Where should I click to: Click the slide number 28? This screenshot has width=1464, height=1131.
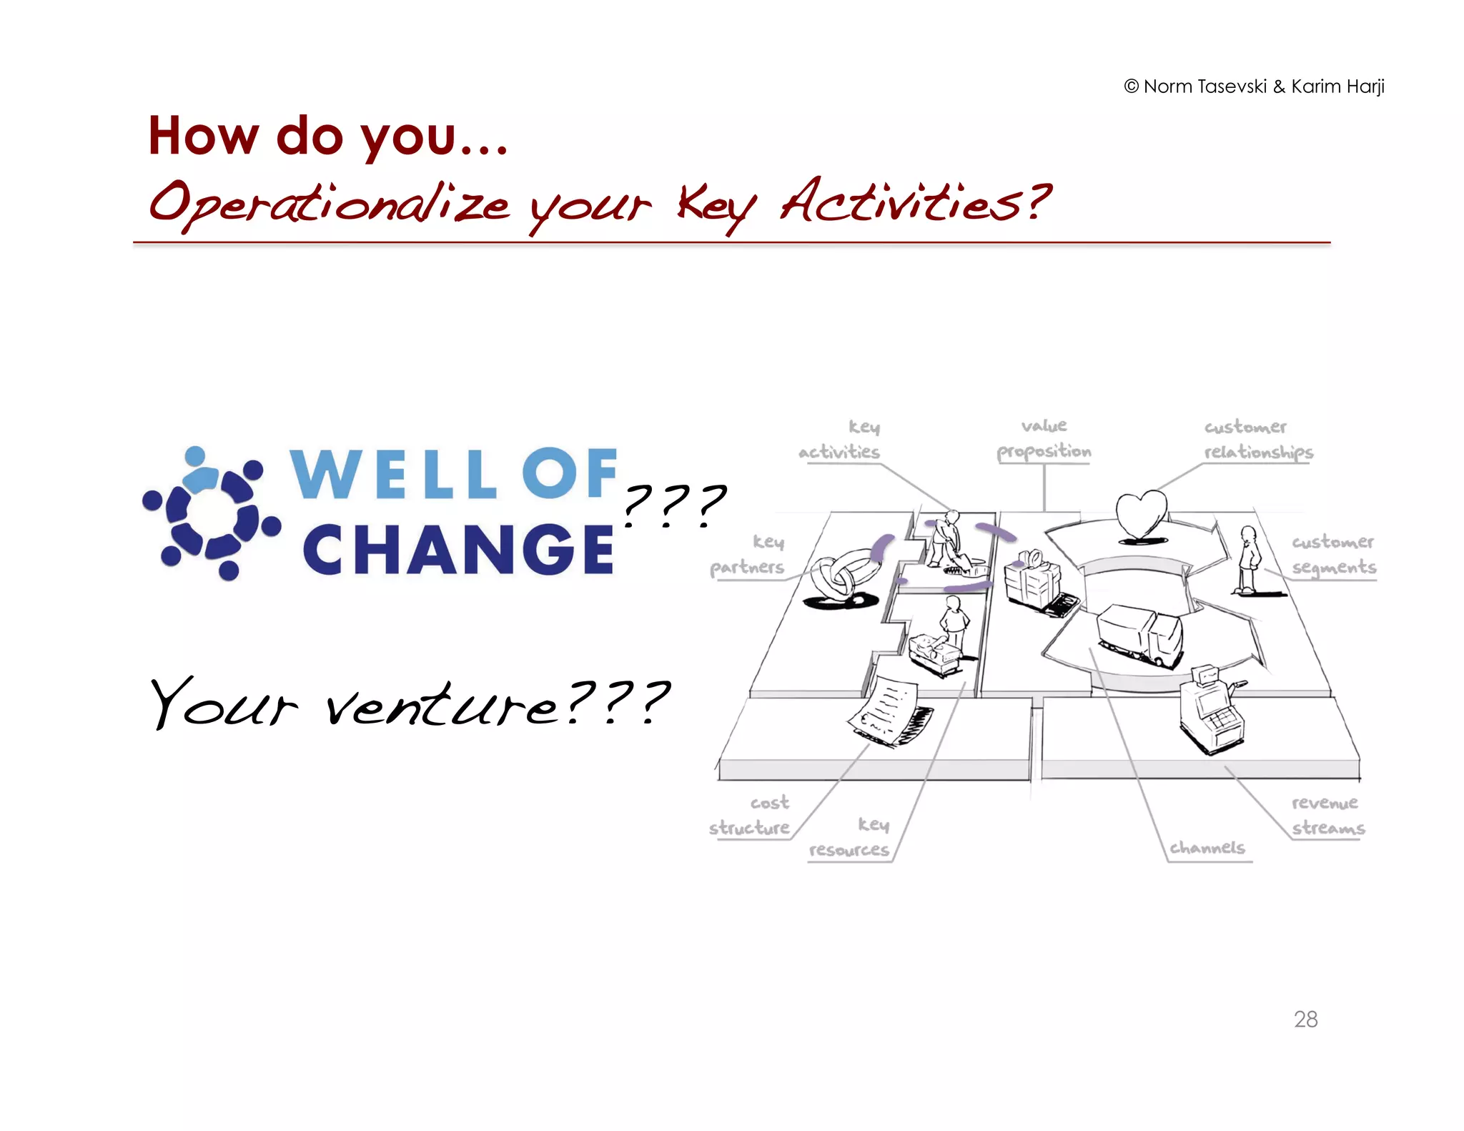pyautogui.click(x=1305, y=1019)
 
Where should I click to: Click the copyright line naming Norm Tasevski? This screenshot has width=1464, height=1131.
pyautogui.click(x=1254, y=87)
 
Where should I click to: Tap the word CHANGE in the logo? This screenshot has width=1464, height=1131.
pyautogui.click(x=457, y=549)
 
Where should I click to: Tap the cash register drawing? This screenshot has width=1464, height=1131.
pyautogui.click(x=1211, y=709)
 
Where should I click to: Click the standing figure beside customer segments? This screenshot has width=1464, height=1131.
pyautogui.click(x=1248, y=560)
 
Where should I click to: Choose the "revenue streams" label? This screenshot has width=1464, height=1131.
pyautogui.click(x=1327, y=815)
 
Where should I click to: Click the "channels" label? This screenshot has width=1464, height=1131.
pyautogui.click(x=1207, y=848)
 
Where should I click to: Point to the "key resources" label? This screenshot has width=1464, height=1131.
pyautogui.click(x=851, y=837)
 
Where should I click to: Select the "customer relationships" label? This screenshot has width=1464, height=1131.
pyautogui.click(x=1258, y=439)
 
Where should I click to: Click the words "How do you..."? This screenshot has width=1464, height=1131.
pyautogui.click(x=327, y=136)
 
